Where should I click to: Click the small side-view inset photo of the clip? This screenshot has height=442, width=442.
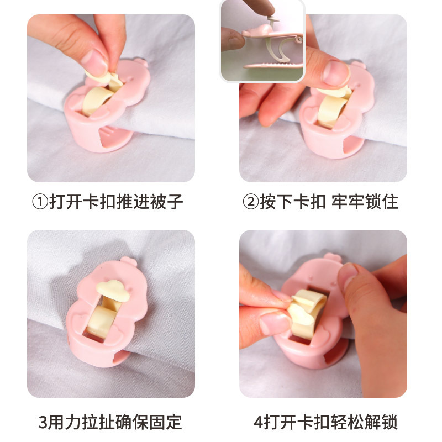tap(262, 41)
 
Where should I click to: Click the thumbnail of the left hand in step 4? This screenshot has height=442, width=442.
tap(275, 323)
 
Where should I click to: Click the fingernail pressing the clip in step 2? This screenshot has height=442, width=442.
tap(335, 72)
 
